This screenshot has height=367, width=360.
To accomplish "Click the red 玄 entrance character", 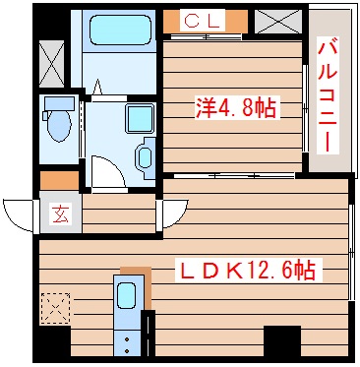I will (59, 213).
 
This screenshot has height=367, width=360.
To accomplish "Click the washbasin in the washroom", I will (144, 156).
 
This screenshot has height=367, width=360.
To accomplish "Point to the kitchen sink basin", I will (127, 295).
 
